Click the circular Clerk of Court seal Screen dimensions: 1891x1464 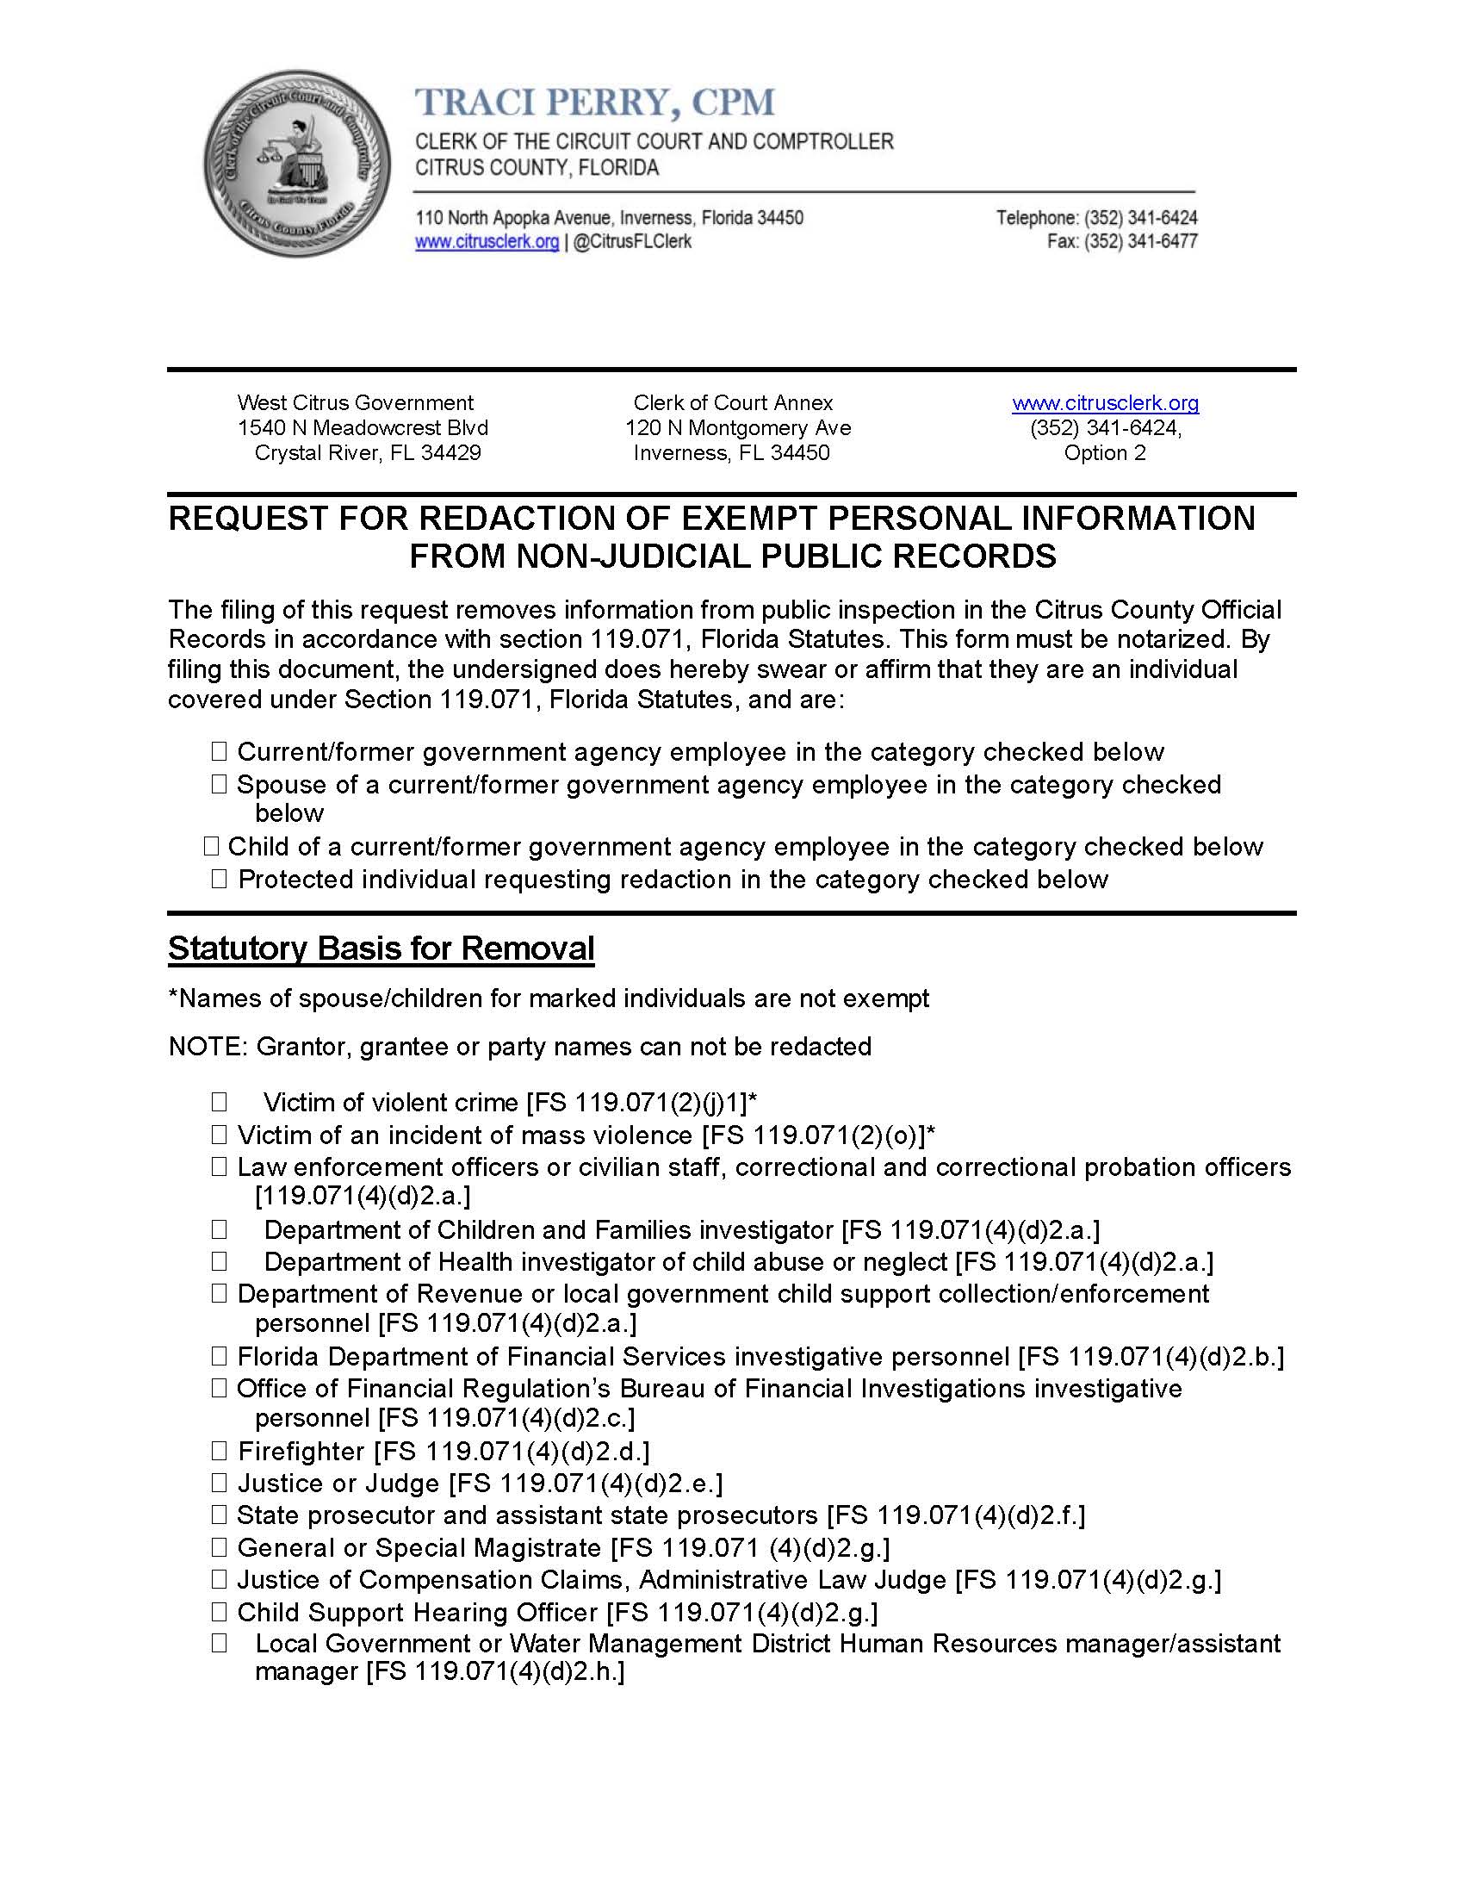click(x=296, y=164)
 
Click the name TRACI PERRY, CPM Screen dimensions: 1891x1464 click(x=595, y=103)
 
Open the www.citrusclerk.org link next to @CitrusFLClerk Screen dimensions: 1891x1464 click(x=487, y=241)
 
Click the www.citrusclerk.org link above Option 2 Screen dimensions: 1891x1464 click(x=1105, y=402)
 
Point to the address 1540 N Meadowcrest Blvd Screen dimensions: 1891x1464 click(x=363, y=427)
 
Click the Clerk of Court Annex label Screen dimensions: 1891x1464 click(x=733, y=402)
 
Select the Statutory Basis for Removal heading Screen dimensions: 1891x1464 click(x=381, y=949)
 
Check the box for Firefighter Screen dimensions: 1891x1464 click(x=219, y=1450)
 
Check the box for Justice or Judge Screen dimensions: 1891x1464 click(x=219, y=1483)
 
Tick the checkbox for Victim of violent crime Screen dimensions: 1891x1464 click(x=219, y=1101)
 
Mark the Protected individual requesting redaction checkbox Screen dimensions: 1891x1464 click(x=219, y=879)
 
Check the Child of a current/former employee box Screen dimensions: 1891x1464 click(x=210, y=846)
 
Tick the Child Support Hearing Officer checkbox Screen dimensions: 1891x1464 click(x=219, y=1611)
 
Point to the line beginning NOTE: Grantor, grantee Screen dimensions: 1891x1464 click(x=519, y=1046)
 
